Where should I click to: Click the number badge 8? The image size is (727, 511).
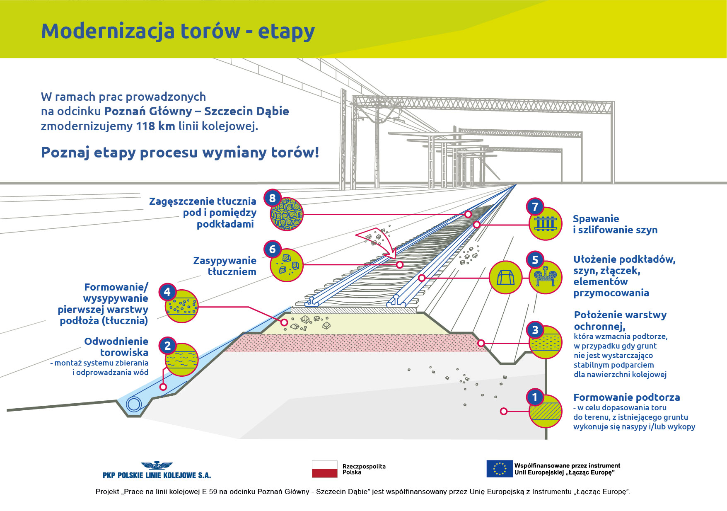[x=272, y=198]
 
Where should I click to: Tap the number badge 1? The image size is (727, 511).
[x=535, y=397]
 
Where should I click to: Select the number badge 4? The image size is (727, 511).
[x=167, y=292]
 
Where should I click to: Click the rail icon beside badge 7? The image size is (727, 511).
[x=546, y=224]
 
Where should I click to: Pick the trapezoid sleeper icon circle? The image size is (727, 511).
[x=505, y=277]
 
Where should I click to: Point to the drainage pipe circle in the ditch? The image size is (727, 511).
[x=134, y=404]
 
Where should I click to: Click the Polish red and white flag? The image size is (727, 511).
[x=324, y=469]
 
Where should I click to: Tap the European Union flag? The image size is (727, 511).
[x=499, y=469]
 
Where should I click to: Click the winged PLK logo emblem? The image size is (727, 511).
[x=157, y=466]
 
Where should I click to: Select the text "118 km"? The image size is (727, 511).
[x=155, y=126]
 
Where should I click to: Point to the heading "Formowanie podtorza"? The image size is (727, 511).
[x=626, y=397]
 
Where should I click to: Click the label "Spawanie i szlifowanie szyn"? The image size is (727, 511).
[x=615, y=224]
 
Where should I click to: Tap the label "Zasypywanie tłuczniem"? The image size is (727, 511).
[x=225, y=266]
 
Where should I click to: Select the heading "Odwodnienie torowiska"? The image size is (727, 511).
[x=116, y=347]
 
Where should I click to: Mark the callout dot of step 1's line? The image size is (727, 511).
[x=504, y=411]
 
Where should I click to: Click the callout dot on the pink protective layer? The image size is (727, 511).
[x=481, y=343]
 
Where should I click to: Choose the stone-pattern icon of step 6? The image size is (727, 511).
[x=287, y=265]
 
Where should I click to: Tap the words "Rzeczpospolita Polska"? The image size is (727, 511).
[x=364, y=469]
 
